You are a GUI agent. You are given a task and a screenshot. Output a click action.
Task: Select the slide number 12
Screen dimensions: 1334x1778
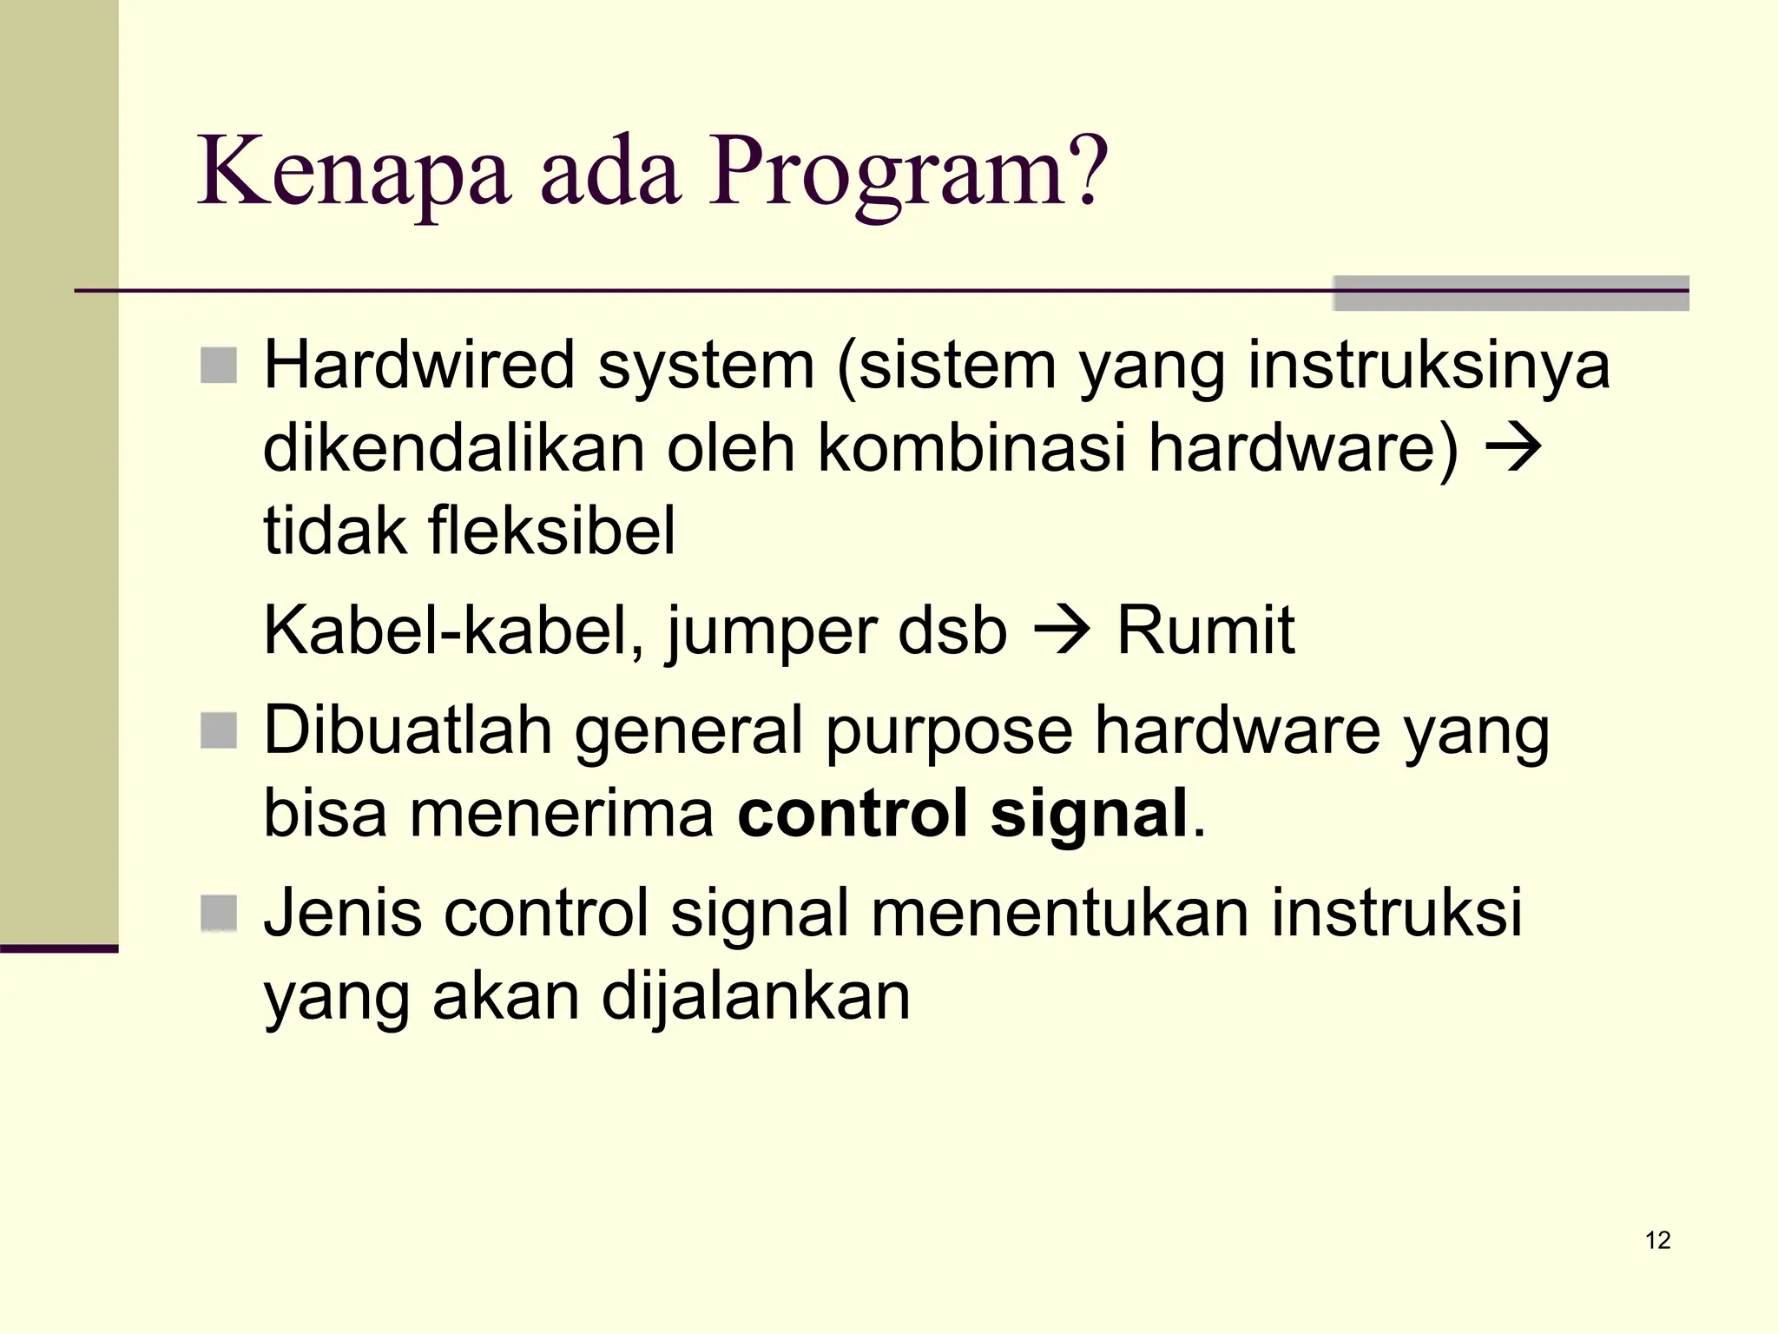[x=1657, y=1240]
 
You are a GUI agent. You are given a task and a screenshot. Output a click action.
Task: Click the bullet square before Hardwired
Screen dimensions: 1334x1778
[x=219, y=366]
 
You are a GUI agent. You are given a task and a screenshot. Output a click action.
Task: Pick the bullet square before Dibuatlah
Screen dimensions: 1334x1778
[x=219, y=730]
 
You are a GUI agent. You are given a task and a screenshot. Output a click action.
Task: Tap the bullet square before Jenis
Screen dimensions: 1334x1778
[x=219, y=913]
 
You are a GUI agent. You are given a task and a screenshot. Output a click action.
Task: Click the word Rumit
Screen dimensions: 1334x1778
[x=1205, y=630]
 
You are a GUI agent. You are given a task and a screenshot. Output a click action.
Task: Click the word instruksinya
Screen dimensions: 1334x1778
[x=1429, y=366]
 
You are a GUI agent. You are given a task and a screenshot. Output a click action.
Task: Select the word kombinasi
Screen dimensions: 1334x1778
[x=971, y=448]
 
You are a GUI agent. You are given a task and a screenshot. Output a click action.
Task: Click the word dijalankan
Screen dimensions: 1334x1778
[x=755, y=997]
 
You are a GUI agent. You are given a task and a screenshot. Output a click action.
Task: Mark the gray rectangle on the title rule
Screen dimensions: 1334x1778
[x=1511, y=294]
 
